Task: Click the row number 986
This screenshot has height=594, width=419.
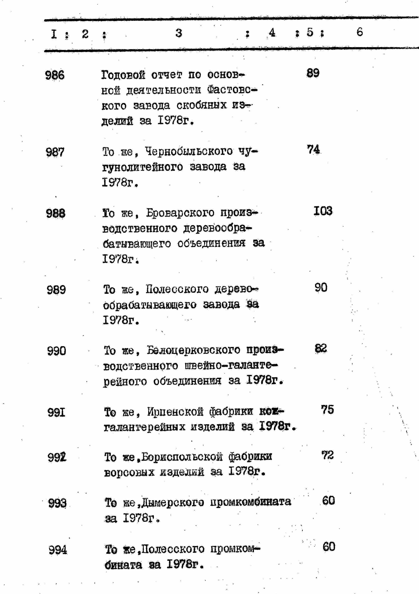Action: click(55, 75)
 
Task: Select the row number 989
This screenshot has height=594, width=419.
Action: click(56, 290)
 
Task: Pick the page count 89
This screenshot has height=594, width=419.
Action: click(313, 73)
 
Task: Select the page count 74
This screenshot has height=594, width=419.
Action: click(313, 150)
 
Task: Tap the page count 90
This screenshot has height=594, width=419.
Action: click(321, 288)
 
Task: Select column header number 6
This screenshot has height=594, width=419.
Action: click(360, 32)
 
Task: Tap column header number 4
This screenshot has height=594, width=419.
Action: click(272, 33)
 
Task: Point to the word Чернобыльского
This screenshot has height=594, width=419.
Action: click(189, 151)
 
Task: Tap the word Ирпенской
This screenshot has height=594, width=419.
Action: click(176, 412)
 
